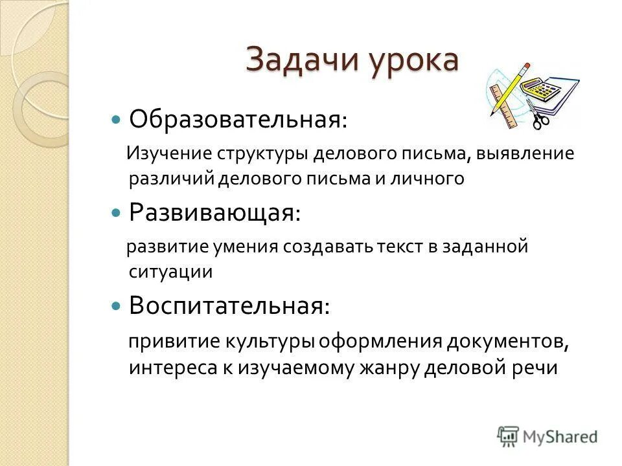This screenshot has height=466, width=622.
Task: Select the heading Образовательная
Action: point(237,119)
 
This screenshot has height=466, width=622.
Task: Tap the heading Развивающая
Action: point(214,212)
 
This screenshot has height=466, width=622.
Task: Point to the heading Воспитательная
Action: point(229,305)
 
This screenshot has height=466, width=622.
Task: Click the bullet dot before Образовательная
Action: point(117,120)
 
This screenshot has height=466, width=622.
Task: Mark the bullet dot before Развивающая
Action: point(117,212)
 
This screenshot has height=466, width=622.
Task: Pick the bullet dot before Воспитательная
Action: point(117,305)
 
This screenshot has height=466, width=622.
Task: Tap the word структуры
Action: point(264,154)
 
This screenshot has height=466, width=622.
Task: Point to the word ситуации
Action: point(170,271)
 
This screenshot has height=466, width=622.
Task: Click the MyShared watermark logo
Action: point(547,436)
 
